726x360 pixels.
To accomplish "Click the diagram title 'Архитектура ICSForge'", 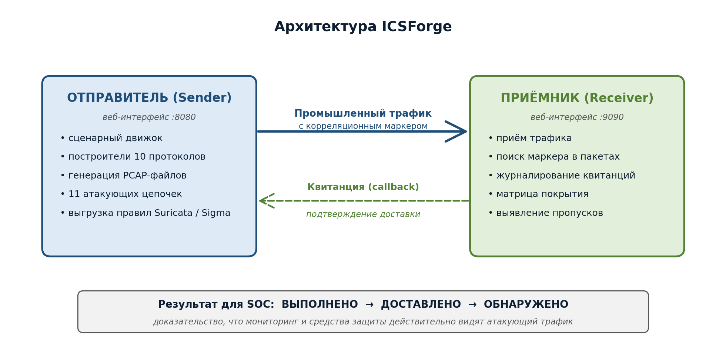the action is pyautogui.click(x=363, y=27).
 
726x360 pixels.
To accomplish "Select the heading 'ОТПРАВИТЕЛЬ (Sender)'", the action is pyautogui.click(x=149, y=98).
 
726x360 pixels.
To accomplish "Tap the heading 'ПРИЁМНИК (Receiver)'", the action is pyautogui.click(x=577, y=98).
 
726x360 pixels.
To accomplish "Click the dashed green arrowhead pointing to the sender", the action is pyautogui.click(x=266, y=201).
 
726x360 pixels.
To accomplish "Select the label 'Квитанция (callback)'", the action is pyautogui.click(x=363, y=187).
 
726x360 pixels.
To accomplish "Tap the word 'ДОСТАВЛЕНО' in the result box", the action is pyautogui.click(x=421, y=304).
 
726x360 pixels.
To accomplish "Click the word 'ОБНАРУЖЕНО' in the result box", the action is pyautogui.click(x=526, y=304).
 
